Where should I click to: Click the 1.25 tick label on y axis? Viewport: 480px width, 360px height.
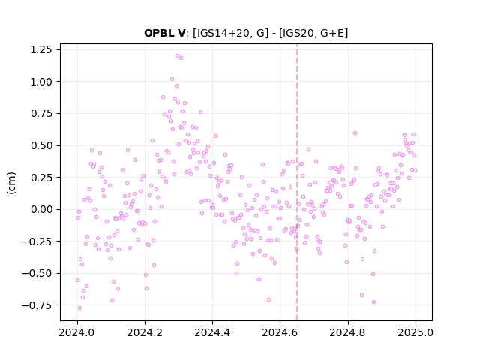(x=40, y=49)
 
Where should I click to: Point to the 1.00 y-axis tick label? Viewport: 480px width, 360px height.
(x=40, y=82)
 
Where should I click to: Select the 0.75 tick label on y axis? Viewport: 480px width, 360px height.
(x=40, y=113)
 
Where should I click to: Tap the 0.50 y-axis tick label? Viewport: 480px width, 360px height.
(x=40, y=145)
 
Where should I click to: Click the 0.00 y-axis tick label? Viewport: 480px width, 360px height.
(x=40, y=209)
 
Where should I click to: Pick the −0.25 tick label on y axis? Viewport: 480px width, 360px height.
(x=37, y=241)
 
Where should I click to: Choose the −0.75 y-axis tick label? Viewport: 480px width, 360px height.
(x=37, y=305)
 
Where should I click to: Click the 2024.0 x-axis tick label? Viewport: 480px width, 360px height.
(x=77, y=332)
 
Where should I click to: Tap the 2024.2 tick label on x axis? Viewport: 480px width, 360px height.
(x=145, y=332)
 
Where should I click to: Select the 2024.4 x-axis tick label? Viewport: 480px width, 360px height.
(x=212, y=332)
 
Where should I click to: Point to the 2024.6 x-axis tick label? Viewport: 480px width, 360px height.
(x=280, y=332)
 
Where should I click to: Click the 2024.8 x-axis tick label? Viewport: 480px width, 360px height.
(x=347, y=332)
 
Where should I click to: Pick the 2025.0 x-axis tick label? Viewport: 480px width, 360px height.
(x=415, y=332)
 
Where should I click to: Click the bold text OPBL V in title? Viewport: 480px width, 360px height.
(x=165, y=33)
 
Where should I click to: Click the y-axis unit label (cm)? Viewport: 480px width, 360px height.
(x=11, y=183)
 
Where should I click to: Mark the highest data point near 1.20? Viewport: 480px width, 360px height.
(x=177, y=56)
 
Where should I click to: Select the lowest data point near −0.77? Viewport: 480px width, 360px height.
(x=80, y=308)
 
